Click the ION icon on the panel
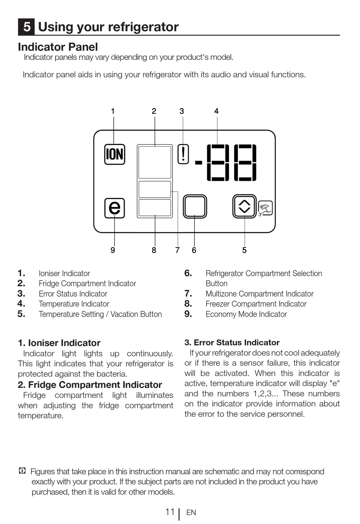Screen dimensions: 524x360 coord(114,154)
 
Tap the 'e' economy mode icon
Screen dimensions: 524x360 coord(114,208)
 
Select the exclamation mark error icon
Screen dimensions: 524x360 coord(183,154)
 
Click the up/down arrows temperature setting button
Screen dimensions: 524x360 coord(244,206)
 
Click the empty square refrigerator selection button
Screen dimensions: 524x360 coord(195,206)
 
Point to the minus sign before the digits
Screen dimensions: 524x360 coord(199,163)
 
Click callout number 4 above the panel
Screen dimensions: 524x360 coord(216,111)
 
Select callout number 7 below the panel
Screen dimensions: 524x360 coord(177,250)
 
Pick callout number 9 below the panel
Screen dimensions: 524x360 coord(113,250)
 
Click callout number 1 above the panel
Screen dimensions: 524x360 coord(113,111)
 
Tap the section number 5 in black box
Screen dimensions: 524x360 coord(27,27)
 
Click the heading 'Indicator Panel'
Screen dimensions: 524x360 coord(58,47)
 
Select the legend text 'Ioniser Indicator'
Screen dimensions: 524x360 coord(64,274)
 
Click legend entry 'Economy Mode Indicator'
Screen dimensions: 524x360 coord(246,314)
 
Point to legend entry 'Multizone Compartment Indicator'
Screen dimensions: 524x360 coord(260,294)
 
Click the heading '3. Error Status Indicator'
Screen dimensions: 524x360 coord(232,343)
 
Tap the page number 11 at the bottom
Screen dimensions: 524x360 coord(170,512)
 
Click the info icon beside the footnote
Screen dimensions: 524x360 coord(22,471)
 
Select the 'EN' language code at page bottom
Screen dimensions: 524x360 coord(191,513)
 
